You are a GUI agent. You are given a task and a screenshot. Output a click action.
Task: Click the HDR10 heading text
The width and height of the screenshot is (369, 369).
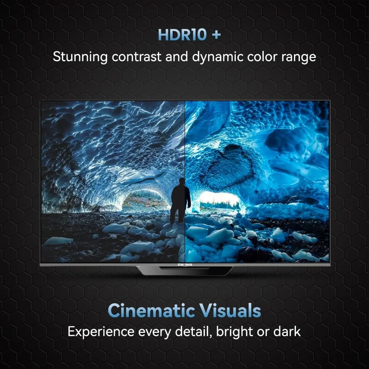180,35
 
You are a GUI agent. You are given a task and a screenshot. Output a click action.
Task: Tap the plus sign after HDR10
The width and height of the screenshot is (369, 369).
216,35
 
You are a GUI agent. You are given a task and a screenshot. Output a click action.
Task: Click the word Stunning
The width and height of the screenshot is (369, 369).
80,57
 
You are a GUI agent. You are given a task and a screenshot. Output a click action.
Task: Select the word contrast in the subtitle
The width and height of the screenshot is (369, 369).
136,57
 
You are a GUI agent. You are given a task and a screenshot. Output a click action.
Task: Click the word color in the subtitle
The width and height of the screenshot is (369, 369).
266,57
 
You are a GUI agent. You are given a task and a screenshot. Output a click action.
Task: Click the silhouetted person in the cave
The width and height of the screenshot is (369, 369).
181,200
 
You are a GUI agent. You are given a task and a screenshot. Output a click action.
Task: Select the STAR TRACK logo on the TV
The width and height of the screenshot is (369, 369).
184,264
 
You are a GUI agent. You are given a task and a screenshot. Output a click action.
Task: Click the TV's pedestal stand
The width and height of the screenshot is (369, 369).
184,270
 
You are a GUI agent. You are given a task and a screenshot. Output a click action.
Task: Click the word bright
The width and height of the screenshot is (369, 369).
234,332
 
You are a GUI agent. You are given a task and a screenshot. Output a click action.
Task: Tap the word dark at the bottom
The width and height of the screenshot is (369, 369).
287,331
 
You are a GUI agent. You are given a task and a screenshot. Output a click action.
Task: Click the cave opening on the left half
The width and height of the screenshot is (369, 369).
144,199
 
